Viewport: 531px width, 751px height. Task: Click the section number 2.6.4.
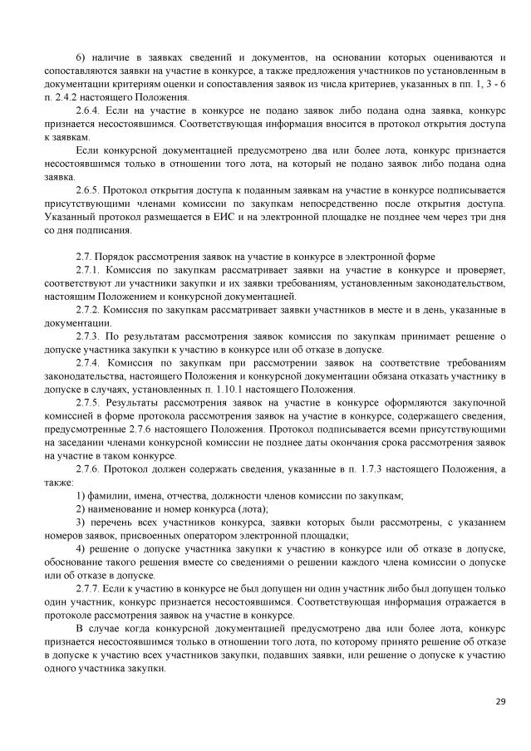pos(86,110)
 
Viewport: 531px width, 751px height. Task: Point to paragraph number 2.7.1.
pos(86,270)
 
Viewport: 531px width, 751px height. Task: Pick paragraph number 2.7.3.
pos(86,336)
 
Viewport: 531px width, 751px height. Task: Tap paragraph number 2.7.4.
pos(86,362)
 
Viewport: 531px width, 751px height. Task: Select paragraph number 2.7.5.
pos(86,402)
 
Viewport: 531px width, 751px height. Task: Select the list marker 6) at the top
pos(80,56)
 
